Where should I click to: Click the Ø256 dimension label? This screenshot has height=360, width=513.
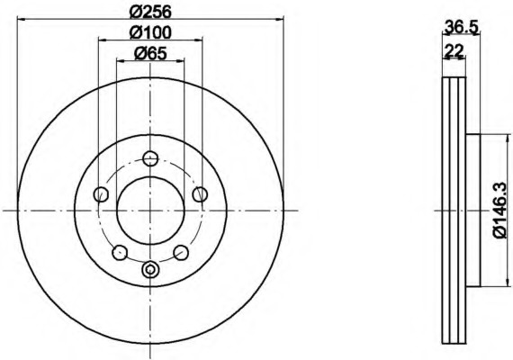150,12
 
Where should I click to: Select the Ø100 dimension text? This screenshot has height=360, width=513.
150,32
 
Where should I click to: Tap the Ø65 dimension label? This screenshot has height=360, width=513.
150,53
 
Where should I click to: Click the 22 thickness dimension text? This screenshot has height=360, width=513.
454,50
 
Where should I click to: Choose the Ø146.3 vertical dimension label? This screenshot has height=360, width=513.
500,210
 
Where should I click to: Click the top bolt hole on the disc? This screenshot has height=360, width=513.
150,158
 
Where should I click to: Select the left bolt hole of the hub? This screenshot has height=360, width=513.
101,194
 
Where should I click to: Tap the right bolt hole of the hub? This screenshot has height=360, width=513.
200,194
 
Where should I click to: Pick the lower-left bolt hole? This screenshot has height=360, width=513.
120,252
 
